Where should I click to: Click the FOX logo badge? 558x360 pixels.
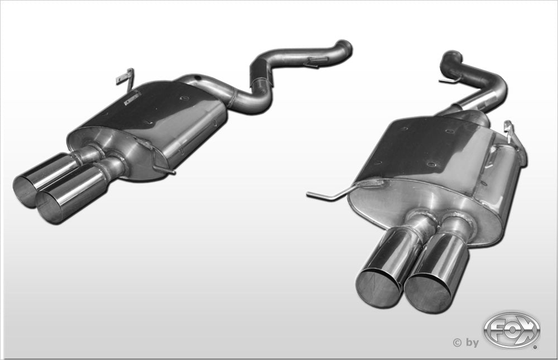[x=512, y=329]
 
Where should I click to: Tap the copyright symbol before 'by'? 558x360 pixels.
[x=458, y=343]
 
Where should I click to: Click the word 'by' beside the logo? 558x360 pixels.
[x=472, y=343]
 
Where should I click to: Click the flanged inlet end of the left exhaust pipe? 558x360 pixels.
[x=344, y=49]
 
